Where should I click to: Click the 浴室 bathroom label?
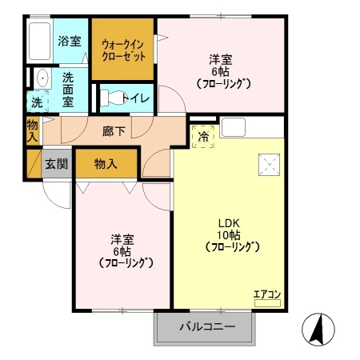69,41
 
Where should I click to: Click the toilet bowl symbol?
114,98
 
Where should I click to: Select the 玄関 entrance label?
57,165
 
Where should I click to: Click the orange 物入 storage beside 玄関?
106,164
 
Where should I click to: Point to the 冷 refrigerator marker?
203,137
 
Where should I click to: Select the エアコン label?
267,294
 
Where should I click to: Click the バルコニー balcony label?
206,327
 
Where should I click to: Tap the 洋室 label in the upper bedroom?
222,58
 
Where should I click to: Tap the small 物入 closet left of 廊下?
32,130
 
